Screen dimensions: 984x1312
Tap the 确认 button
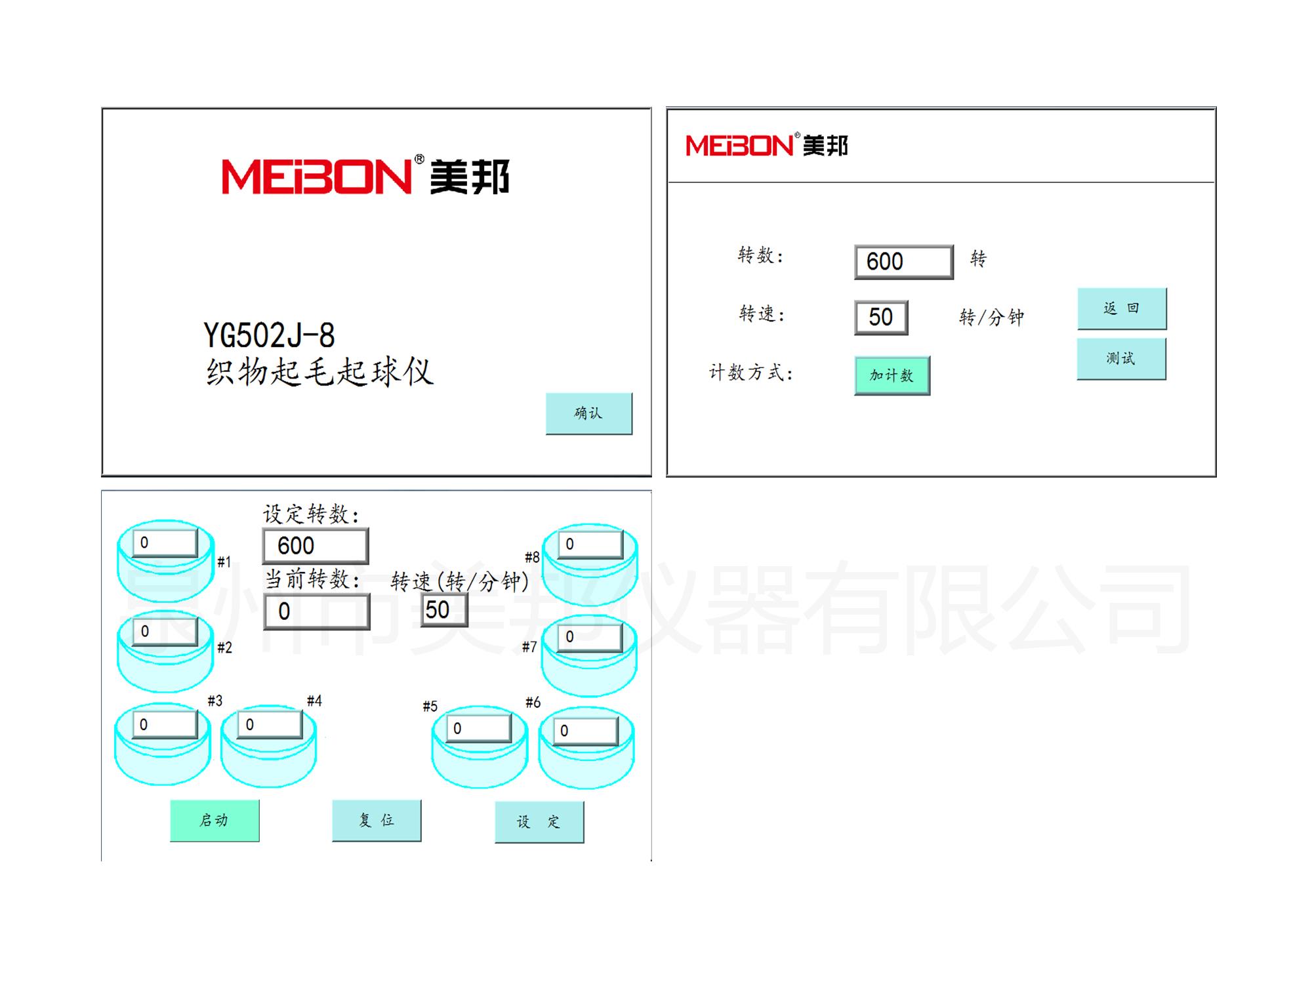point(588,413)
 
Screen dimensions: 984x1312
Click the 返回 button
point(1122,308)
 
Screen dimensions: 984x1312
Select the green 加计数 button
point(892,375)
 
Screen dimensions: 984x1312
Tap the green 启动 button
point(215,820)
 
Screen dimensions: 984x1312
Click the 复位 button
point(377,820)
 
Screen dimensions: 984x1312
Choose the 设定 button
point(539,821)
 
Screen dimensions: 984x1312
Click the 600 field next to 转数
point(903,262)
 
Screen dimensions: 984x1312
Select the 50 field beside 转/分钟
point(881,318)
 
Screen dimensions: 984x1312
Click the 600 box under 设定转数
point(315,546)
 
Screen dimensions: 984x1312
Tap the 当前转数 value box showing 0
point(316,611)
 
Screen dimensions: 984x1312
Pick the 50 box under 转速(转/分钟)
point(443,610)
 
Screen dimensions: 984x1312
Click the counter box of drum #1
point(165,543)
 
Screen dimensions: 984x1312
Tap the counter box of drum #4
point(270,725)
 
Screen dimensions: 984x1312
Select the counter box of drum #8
point(590,544)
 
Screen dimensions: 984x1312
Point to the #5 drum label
point(430,707)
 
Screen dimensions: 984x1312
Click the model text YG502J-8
point(269,336)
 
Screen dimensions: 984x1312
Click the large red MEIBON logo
point(317,176)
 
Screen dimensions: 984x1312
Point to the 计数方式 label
point(751,373)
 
